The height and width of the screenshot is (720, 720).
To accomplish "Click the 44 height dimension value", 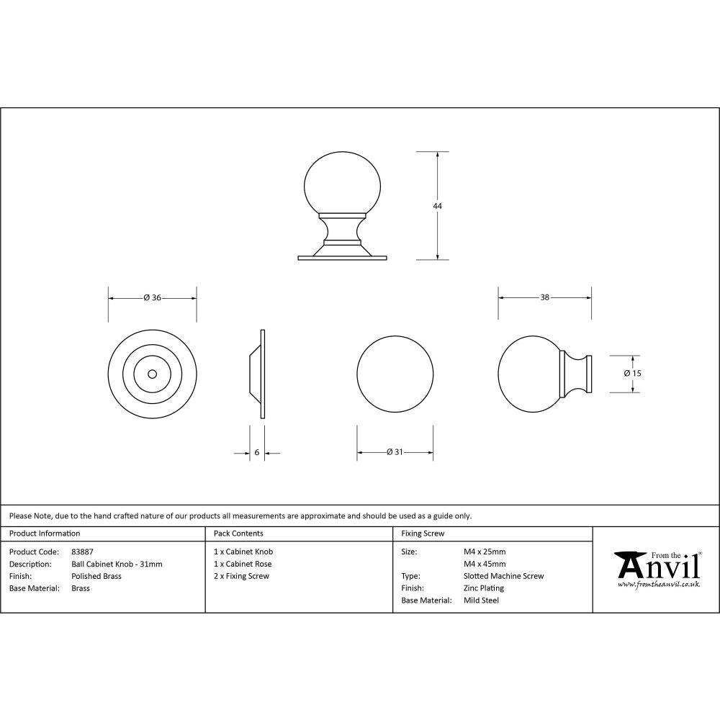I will point(437,206).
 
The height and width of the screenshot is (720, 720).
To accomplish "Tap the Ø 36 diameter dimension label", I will point(152,297).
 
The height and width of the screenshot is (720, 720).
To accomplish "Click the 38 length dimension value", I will point(545,297).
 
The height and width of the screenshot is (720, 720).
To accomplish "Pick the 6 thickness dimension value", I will point(256,453).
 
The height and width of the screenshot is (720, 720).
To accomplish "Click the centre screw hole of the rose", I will point(152,374).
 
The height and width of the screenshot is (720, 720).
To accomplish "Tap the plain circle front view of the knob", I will point(395,374).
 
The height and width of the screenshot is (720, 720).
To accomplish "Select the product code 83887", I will point(83,552).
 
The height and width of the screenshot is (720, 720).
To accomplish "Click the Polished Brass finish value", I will point(96,577).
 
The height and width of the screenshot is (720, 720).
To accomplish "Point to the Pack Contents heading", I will point(238,534).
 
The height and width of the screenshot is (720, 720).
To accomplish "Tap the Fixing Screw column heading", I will point(423,534).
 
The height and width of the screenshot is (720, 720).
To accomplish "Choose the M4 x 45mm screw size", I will point(485,564).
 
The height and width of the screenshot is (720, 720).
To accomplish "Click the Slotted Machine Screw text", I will point(503,576).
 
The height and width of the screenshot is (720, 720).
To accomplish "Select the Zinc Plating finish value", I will point(484,588).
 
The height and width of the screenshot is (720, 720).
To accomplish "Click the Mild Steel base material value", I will point(481,600).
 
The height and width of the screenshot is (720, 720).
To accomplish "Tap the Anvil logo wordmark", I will point(657,567).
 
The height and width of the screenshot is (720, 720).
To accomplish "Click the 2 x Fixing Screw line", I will point(241,576).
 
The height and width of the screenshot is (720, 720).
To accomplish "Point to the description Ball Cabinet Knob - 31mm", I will point(117,564).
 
